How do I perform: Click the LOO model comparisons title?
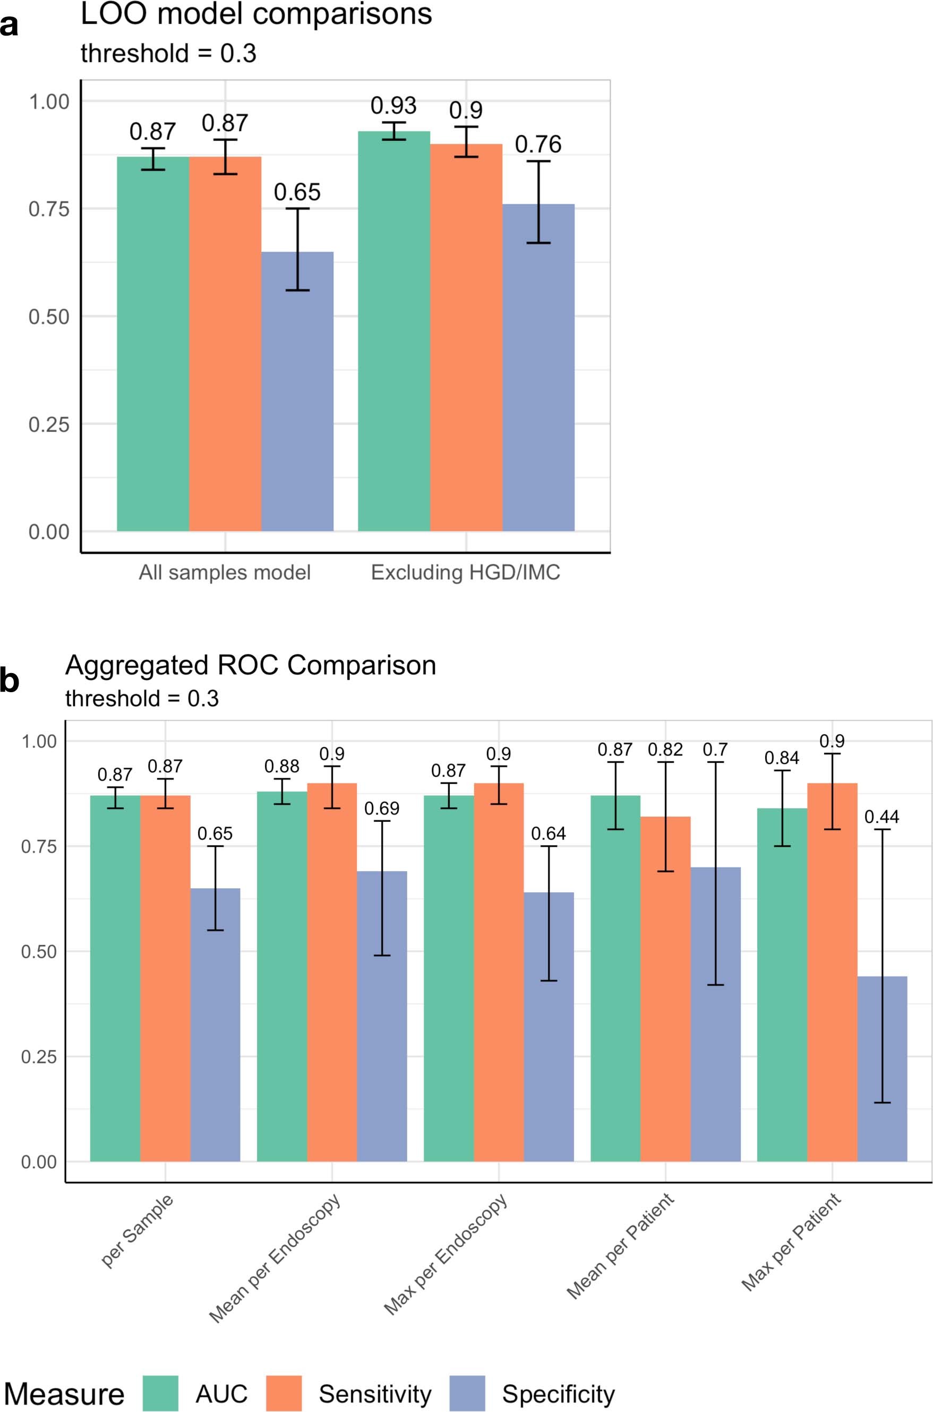256,14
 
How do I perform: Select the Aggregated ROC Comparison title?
251,665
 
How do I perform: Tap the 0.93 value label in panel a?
393,106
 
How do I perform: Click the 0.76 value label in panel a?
538,144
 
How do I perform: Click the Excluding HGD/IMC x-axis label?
465,573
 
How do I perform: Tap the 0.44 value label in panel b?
882,816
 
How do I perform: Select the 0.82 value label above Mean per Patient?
665,750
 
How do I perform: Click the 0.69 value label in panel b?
381,809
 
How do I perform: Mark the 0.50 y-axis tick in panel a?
49,317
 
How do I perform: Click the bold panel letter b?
10,681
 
